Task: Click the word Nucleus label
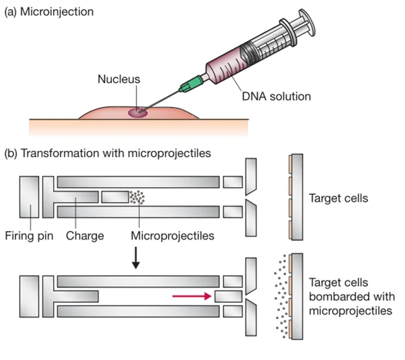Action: pos(119,79)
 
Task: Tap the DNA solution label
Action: pos(276,96)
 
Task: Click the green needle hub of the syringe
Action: pos(192,83)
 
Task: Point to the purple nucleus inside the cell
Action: pos(138,113)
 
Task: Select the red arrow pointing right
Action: pos(192,296)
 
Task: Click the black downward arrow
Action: pos(136,258)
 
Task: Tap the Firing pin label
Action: pos(29,236)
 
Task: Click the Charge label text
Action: pos(85,236)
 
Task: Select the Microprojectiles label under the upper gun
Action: pos(173,236)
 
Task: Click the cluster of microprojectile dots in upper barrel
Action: pos(137,197)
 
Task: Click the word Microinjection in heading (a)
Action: pos(57,12)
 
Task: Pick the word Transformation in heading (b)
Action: pos(60,153)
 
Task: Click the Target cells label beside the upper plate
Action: pos(338,198)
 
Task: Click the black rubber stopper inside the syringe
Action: pos(247,55)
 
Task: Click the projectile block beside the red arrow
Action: pos(228,296)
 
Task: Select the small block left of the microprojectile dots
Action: pos(115,197)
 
